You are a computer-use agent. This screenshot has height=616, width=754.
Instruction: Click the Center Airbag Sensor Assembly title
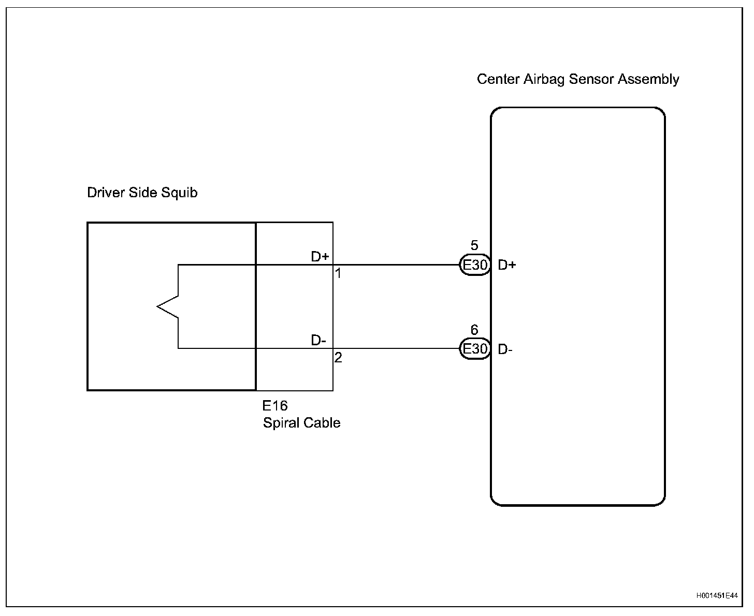pos(577,79)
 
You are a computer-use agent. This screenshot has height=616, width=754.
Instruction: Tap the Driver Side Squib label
pos(142,193)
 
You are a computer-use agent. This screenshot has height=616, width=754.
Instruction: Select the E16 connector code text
pos(274,405)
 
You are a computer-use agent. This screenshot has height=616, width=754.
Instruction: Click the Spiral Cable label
pos(301,422)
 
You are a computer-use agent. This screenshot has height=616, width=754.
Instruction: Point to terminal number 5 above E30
pos(474,245)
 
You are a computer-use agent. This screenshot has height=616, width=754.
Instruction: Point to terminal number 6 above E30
pos(474,330)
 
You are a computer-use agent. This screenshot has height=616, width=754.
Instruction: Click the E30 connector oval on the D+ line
pos(475,265)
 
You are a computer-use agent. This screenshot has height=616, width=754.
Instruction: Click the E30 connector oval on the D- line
pos(475,349)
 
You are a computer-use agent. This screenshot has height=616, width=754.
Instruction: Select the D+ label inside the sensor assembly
pos(507,265)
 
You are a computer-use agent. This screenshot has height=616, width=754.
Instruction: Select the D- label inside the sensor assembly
pos(505,349)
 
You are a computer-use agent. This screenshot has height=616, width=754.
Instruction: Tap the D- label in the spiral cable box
pos(318,340)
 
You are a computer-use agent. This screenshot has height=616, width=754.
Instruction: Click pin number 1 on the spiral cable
pos(338,273)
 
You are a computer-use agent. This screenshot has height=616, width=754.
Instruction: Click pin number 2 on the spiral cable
pos(338,357)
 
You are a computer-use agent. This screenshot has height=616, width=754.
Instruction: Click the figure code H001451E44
pos(717,596)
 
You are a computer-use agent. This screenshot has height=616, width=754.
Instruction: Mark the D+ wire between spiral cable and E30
pos(396,265)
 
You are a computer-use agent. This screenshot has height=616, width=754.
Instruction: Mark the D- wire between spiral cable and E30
pos(396,348)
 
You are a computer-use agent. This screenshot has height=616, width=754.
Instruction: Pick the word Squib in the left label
pos(180,193)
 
